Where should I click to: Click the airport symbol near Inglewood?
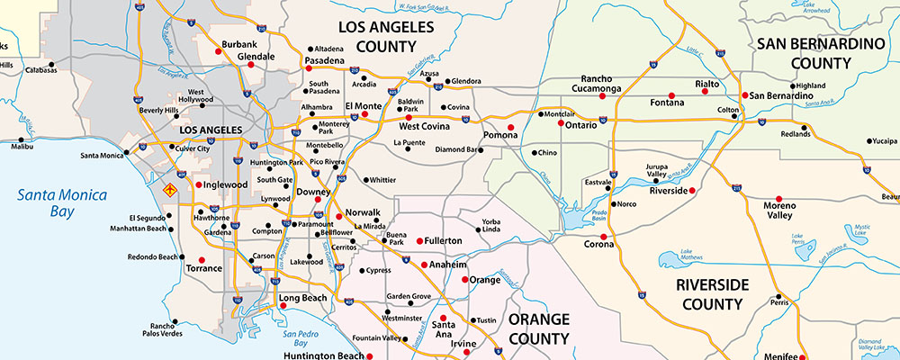(167, 189)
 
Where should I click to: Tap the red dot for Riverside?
(693, 191)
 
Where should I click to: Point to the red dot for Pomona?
(510, 128)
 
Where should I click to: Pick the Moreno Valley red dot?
(778, 199)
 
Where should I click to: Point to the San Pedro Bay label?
(290, 337)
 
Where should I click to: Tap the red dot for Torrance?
(190, 256)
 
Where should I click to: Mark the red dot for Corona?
(603, 238)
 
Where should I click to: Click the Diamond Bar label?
(457, 149)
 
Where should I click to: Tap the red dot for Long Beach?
(283, 306)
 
